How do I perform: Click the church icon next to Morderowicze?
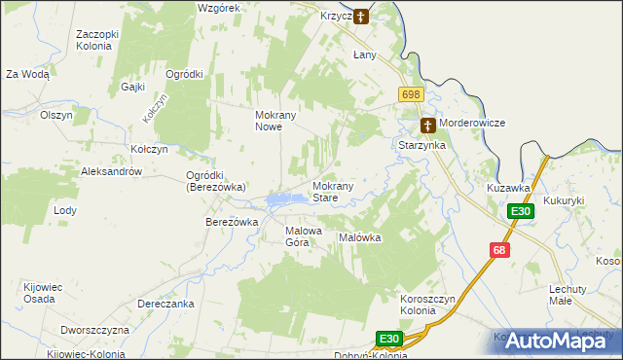click(427, 125)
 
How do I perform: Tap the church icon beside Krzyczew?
click(361, 16)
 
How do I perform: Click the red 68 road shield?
click(499, 250)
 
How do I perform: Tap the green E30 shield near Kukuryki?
click(521, 212)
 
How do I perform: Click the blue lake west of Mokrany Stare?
click(280, 200)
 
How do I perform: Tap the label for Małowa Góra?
click(302, 236)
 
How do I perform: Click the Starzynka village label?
click(421, 145)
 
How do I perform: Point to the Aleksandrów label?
click(112, 171)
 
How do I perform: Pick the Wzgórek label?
click(218, 7)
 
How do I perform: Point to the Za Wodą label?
click(27, 74)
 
